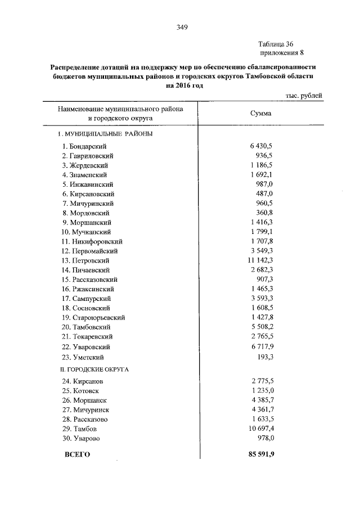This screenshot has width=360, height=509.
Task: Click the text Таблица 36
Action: (276, 44)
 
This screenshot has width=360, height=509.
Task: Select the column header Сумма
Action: (260, 114)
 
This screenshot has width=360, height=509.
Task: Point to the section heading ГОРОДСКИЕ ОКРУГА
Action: (98, 370)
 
